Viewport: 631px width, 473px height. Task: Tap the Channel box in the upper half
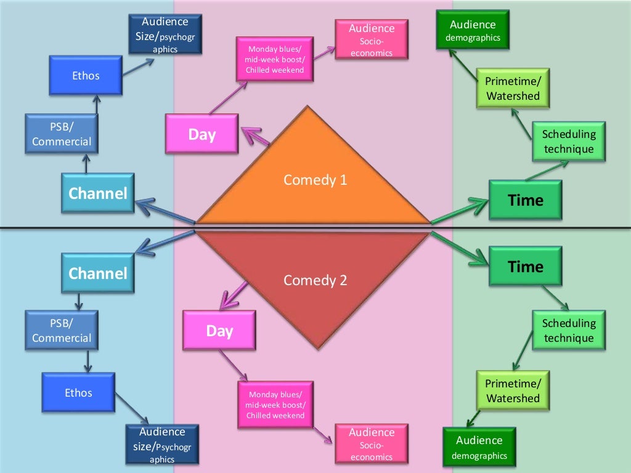pos(98,193)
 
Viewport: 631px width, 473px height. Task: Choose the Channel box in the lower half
pos(98,273)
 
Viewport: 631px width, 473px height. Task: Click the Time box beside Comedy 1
pos(525,200)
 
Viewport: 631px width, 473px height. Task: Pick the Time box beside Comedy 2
pos(525,267)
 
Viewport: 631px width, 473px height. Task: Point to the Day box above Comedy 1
pos(202,134)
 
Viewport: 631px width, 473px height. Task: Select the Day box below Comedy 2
pos(219,331)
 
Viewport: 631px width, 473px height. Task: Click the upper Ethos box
pos(86,76)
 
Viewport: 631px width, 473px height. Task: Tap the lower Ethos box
pos(78,392)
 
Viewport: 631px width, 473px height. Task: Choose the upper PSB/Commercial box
pos(61,134)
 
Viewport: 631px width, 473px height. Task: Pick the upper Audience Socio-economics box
pos(372,40)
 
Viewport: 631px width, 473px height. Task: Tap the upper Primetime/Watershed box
pos(513,89)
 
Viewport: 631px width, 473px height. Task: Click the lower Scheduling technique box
pos(569,330)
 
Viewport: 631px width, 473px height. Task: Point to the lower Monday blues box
pos(275,405)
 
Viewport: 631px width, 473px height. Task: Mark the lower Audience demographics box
pos(479,448)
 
